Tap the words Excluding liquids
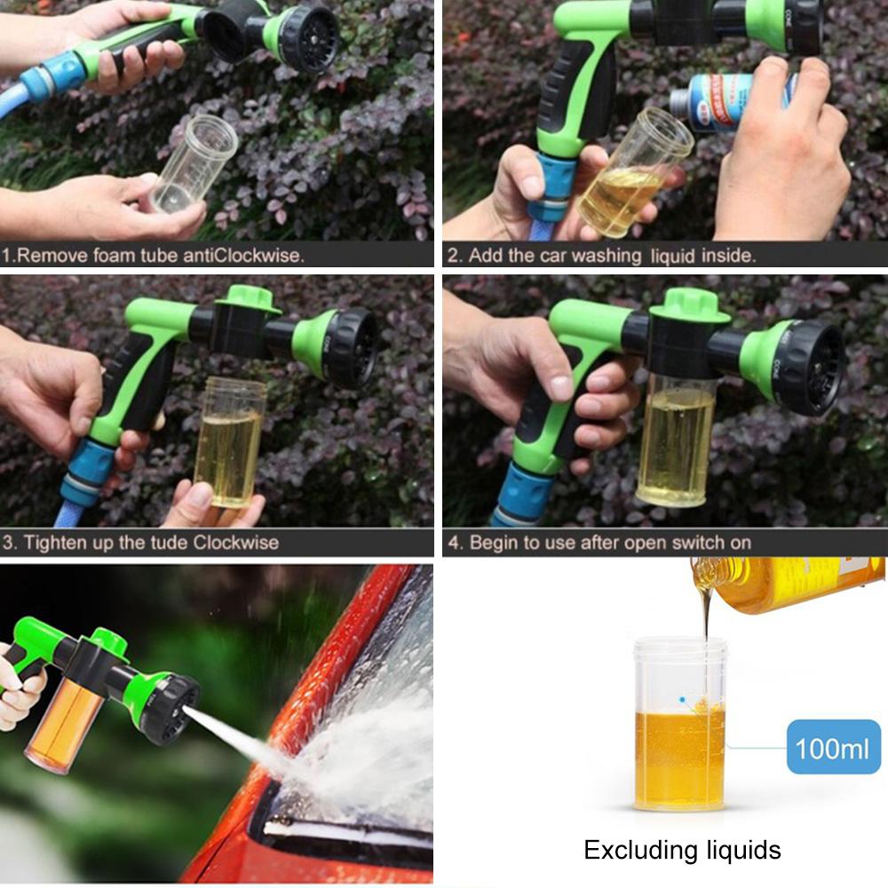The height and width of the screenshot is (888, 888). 682,850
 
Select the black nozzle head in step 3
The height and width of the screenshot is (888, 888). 351,348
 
